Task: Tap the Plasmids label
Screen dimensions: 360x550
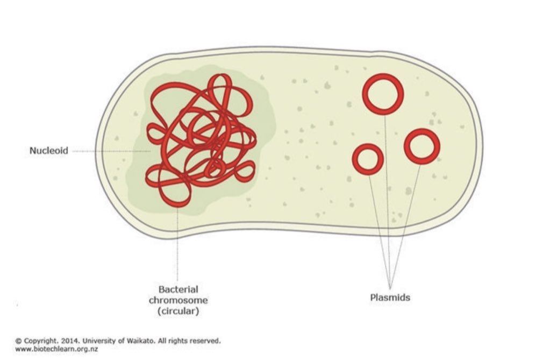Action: (390, 297)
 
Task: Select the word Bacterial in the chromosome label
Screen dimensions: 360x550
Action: (178, 290)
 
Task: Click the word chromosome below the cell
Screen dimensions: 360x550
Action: (178, 300)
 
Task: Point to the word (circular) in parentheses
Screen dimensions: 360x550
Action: (178, 310)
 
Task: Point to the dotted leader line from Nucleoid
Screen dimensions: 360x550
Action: (108, 151)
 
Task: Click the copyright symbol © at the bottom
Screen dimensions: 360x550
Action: (18, 341)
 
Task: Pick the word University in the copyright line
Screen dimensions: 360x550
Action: (99, 341)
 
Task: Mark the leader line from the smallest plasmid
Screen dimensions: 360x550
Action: (378, 226)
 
